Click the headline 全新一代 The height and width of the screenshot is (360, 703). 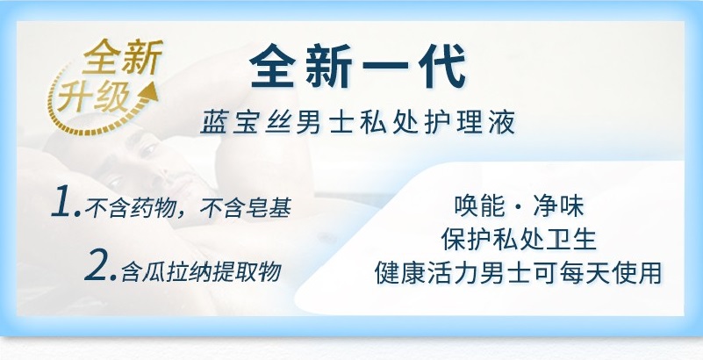357,67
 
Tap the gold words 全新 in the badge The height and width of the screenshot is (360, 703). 123,57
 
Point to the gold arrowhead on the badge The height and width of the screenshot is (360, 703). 149,91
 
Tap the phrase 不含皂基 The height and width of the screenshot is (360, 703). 245,208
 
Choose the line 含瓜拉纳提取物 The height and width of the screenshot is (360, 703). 201,271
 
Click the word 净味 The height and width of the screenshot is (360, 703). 559,206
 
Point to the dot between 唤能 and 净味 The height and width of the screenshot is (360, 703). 520,207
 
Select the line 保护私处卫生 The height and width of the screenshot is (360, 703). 519,239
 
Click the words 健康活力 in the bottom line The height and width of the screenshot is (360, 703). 427,272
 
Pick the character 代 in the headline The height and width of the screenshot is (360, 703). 442,67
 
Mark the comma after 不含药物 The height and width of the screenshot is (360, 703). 182,213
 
